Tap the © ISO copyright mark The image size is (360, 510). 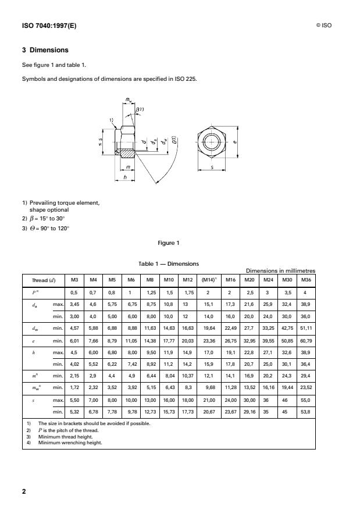[323, 26]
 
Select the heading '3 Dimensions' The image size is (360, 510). [45, 50]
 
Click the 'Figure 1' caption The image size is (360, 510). [169, 243]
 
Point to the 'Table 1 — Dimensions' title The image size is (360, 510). [169, 264]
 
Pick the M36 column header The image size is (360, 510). [306, 280]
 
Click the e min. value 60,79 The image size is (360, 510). [306, 341]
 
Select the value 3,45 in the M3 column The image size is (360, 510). [74, 304]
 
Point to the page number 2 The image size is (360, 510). [24, 491]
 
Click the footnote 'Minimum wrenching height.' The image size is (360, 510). [69, 443]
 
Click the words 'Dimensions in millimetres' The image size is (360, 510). [280, 271]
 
